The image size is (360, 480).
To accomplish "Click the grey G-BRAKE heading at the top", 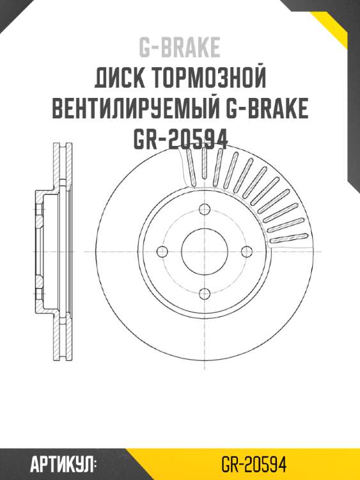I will click(180, 47).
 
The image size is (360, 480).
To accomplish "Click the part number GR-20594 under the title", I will click(180, 139).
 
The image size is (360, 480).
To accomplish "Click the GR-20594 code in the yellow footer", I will click(253, 463).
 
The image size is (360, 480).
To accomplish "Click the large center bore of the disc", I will click(205, 251).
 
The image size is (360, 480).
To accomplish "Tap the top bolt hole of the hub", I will click(205, 209).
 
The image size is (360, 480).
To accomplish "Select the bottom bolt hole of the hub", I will click(205, 293).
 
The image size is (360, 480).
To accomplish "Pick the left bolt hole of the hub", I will click(163, 251).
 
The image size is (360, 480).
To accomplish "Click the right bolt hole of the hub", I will click(247, 251).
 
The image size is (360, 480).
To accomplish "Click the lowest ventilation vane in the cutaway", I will click(288, 239).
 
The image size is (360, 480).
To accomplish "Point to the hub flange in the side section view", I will click(40, 251).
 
